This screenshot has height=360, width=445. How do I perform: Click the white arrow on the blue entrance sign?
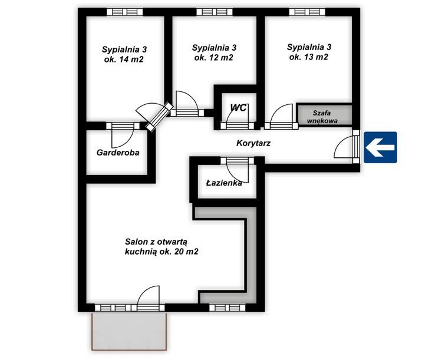[380, 147]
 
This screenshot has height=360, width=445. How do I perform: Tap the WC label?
[239, 108]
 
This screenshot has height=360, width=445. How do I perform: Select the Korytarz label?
[253, 143]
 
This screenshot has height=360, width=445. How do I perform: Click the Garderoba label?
[118, 153]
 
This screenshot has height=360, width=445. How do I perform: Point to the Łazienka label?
[224, 183]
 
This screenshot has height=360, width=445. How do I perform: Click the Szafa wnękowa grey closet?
[324, 114]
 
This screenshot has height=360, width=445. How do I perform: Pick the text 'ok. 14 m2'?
[123, 60]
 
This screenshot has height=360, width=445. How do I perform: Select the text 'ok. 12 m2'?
[214, 58]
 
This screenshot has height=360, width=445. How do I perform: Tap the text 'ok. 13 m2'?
[308, 57]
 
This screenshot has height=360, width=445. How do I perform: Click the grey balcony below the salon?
[129, 331]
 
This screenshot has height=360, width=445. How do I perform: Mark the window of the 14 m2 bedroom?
[124, 12]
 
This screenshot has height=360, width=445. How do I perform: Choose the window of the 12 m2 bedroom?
[215, 12]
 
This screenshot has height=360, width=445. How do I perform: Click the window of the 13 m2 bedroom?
[307, 12]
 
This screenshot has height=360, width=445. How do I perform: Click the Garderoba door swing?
[123, 135]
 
